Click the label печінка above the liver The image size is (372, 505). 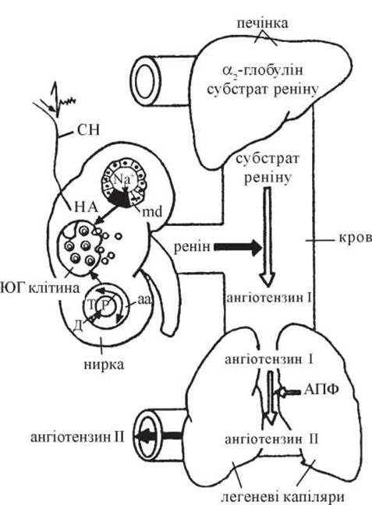pos(262,23)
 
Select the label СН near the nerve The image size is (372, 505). pos(88,130)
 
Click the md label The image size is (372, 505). pos(152,212)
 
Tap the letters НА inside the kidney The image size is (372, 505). pos(86,207)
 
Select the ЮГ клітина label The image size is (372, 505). pos(40,288)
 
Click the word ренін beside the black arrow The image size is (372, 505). pos(192,247)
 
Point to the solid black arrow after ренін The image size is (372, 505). pos(238,247)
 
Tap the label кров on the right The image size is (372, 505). pos(356,238)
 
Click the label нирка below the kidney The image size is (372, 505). pos(104,364)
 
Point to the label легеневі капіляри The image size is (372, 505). pos(281,497)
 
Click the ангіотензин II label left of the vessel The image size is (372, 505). pos(77,438)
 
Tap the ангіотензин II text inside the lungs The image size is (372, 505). pos(271,440)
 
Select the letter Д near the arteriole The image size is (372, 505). pos(77,326)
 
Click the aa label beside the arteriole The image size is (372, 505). pos(143,299)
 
